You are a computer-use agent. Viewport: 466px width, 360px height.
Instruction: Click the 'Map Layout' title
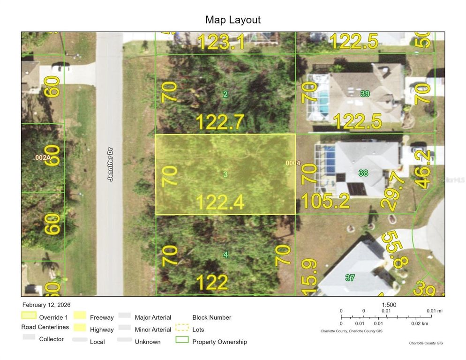pos(233,20)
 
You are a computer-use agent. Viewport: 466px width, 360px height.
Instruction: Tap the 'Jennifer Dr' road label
pos(111,165)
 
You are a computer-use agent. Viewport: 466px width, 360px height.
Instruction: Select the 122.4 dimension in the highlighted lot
pos(220,202)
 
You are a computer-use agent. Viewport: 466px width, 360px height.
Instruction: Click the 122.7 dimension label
pos(220,122)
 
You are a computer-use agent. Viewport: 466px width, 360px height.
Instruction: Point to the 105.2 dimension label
pos(325,201)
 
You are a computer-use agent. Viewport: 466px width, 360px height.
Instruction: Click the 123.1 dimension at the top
pos(221,43)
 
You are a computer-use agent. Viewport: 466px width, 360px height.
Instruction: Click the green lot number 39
pos(365,94)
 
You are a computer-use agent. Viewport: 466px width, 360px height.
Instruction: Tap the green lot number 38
pos(363,173)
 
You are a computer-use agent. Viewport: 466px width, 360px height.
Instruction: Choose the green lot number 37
pos(350,278)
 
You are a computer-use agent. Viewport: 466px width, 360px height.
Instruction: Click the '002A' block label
pos(43,158)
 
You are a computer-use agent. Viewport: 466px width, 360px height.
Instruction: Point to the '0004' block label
pos(293,163)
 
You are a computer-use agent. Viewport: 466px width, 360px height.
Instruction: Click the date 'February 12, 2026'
pos(46,305)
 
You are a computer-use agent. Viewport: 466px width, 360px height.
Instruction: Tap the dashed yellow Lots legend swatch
pos(182,329)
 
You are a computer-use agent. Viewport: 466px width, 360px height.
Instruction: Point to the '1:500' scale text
pos(389,305)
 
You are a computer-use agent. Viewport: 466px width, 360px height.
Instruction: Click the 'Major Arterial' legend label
pos(153,317)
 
